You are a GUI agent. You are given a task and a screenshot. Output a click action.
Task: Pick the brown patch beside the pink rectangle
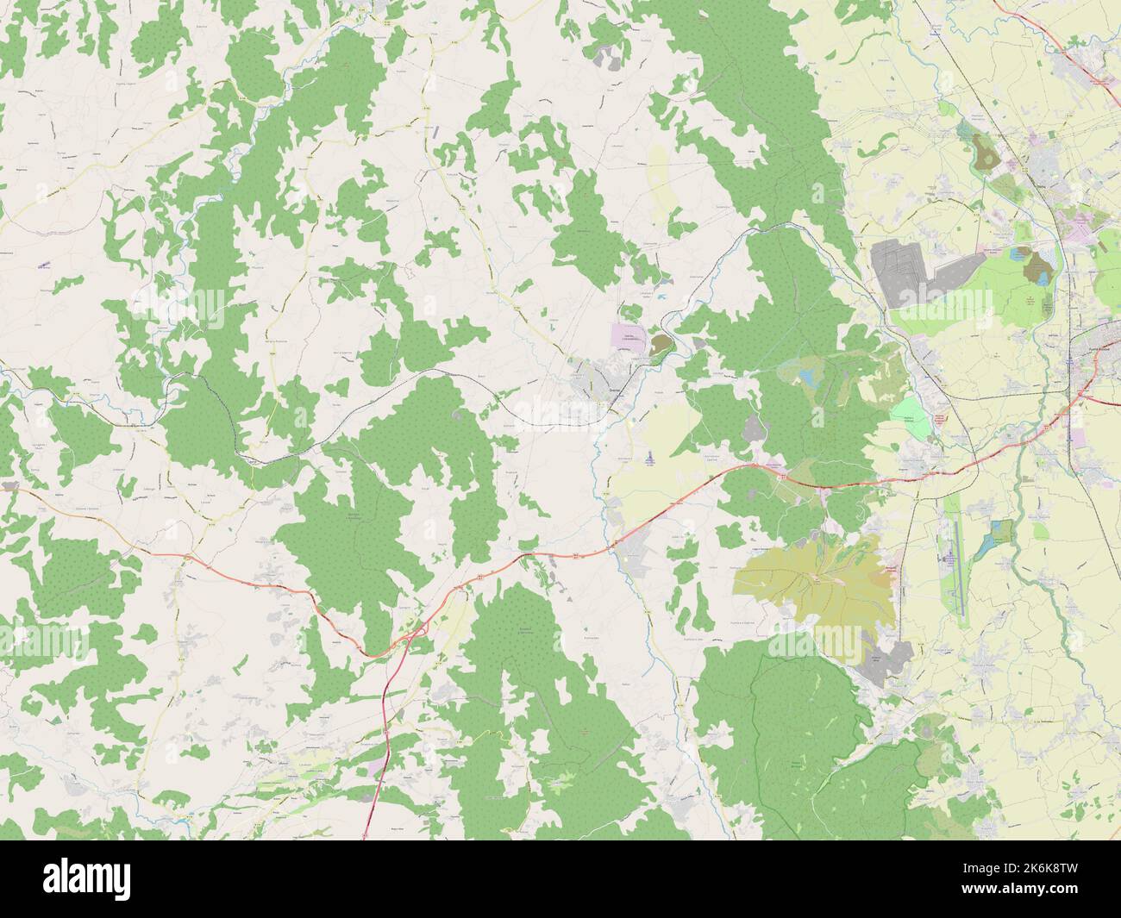click(x=660, y=345)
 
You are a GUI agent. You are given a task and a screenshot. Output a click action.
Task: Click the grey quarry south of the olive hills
click(x=888, y=664)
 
